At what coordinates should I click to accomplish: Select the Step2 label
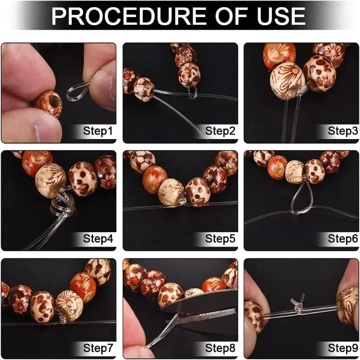click(x=220, y=131)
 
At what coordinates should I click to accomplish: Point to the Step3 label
click(x=342, y=131)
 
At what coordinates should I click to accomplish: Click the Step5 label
click(x=220, y=239)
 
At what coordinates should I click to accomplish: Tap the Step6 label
click(x=342, y=239)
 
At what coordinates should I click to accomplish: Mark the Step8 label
click(x=220, y=348)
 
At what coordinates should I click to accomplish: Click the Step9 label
click(x=342, y=348)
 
